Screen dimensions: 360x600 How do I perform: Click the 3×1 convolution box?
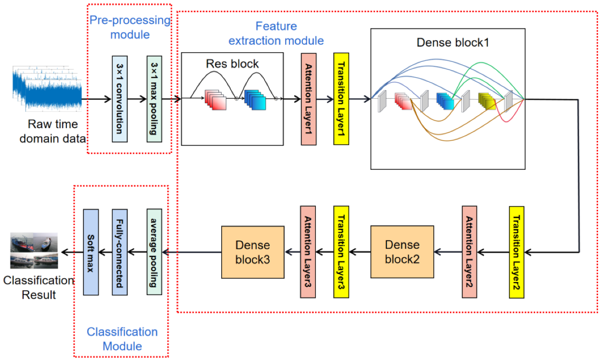pos(119,99)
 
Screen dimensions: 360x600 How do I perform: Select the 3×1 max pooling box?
pos(154,99)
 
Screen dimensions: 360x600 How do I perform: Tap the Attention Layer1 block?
pos(308,99)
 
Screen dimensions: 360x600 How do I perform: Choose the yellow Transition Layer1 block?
pos(341,99)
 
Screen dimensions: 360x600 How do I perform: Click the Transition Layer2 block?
pos(517,252)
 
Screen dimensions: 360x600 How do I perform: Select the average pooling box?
pos(154,252)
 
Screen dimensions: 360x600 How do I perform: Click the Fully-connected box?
pos(119,252)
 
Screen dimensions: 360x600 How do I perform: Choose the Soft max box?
pos(91,252)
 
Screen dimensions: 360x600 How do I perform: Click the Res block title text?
pos(232,64)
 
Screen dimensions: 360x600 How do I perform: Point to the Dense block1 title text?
pos(453,42)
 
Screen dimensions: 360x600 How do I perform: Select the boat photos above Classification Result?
pos(34,251)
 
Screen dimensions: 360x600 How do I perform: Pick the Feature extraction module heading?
pos(276,33)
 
